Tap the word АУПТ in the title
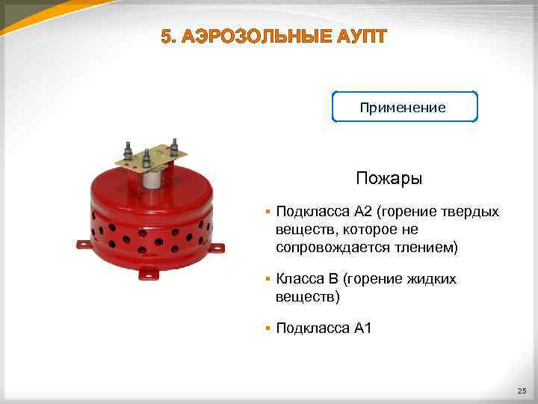click(359, 36)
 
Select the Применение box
click(403, 107)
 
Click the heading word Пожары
click(389, 179)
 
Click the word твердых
click(471, 212)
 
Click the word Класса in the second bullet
click(299, 279)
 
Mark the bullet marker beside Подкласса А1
click(268, 328)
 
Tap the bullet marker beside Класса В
click(268, 279)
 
